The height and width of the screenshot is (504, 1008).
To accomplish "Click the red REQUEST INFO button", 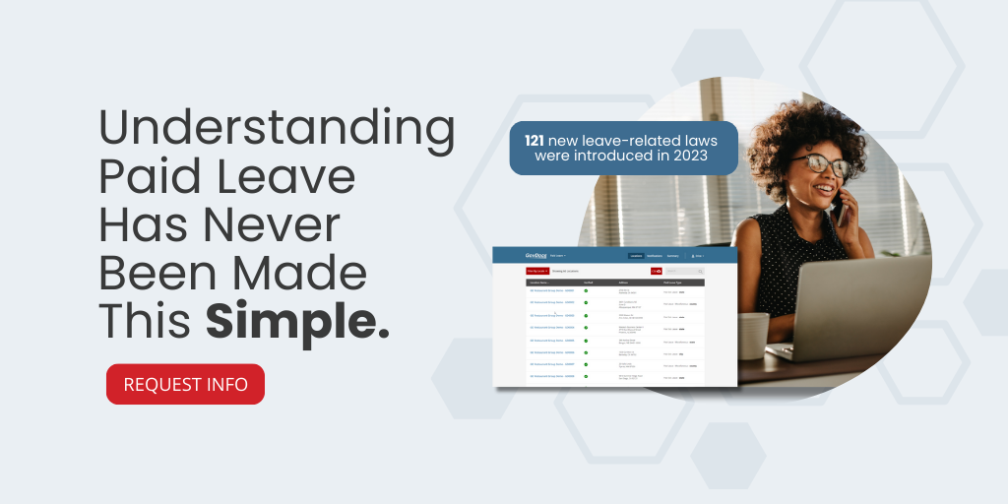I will pos(185,384).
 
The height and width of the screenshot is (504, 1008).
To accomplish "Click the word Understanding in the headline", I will pos(277,131).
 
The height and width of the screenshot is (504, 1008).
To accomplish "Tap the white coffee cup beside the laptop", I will pos(753,336).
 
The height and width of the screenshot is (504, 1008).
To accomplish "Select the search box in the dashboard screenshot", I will pos(684,270).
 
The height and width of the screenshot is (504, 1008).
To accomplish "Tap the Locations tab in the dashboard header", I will pos(636,256).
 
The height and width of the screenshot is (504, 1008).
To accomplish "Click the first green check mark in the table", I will pos(587,290).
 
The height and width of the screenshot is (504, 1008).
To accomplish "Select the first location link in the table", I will pos(551,290).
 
